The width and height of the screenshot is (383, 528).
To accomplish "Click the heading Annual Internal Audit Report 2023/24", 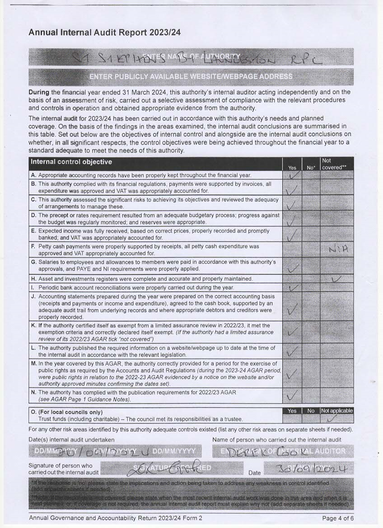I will (105, 33).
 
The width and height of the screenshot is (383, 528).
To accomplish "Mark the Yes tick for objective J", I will (292, 308).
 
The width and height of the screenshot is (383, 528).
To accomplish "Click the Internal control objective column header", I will (71, 162).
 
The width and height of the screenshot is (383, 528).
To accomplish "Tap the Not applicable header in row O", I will (336, 411).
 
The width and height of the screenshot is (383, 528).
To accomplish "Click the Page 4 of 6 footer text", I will (338, 518).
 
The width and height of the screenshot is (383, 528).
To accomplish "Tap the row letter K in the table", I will (33, 325).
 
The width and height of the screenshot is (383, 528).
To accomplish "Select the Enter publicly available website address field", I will (191, 76).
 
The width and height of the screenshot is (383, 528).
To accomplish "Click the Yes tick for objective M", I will (292, 374).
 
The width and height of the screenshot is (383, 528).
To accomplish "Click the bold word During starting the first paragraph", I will (40, 92).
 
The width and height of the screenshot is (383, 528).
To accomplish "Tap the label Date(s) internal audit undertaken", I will (71, 439).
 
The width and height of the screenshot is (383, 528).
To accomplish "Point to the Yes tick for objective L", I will (292, 351).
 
